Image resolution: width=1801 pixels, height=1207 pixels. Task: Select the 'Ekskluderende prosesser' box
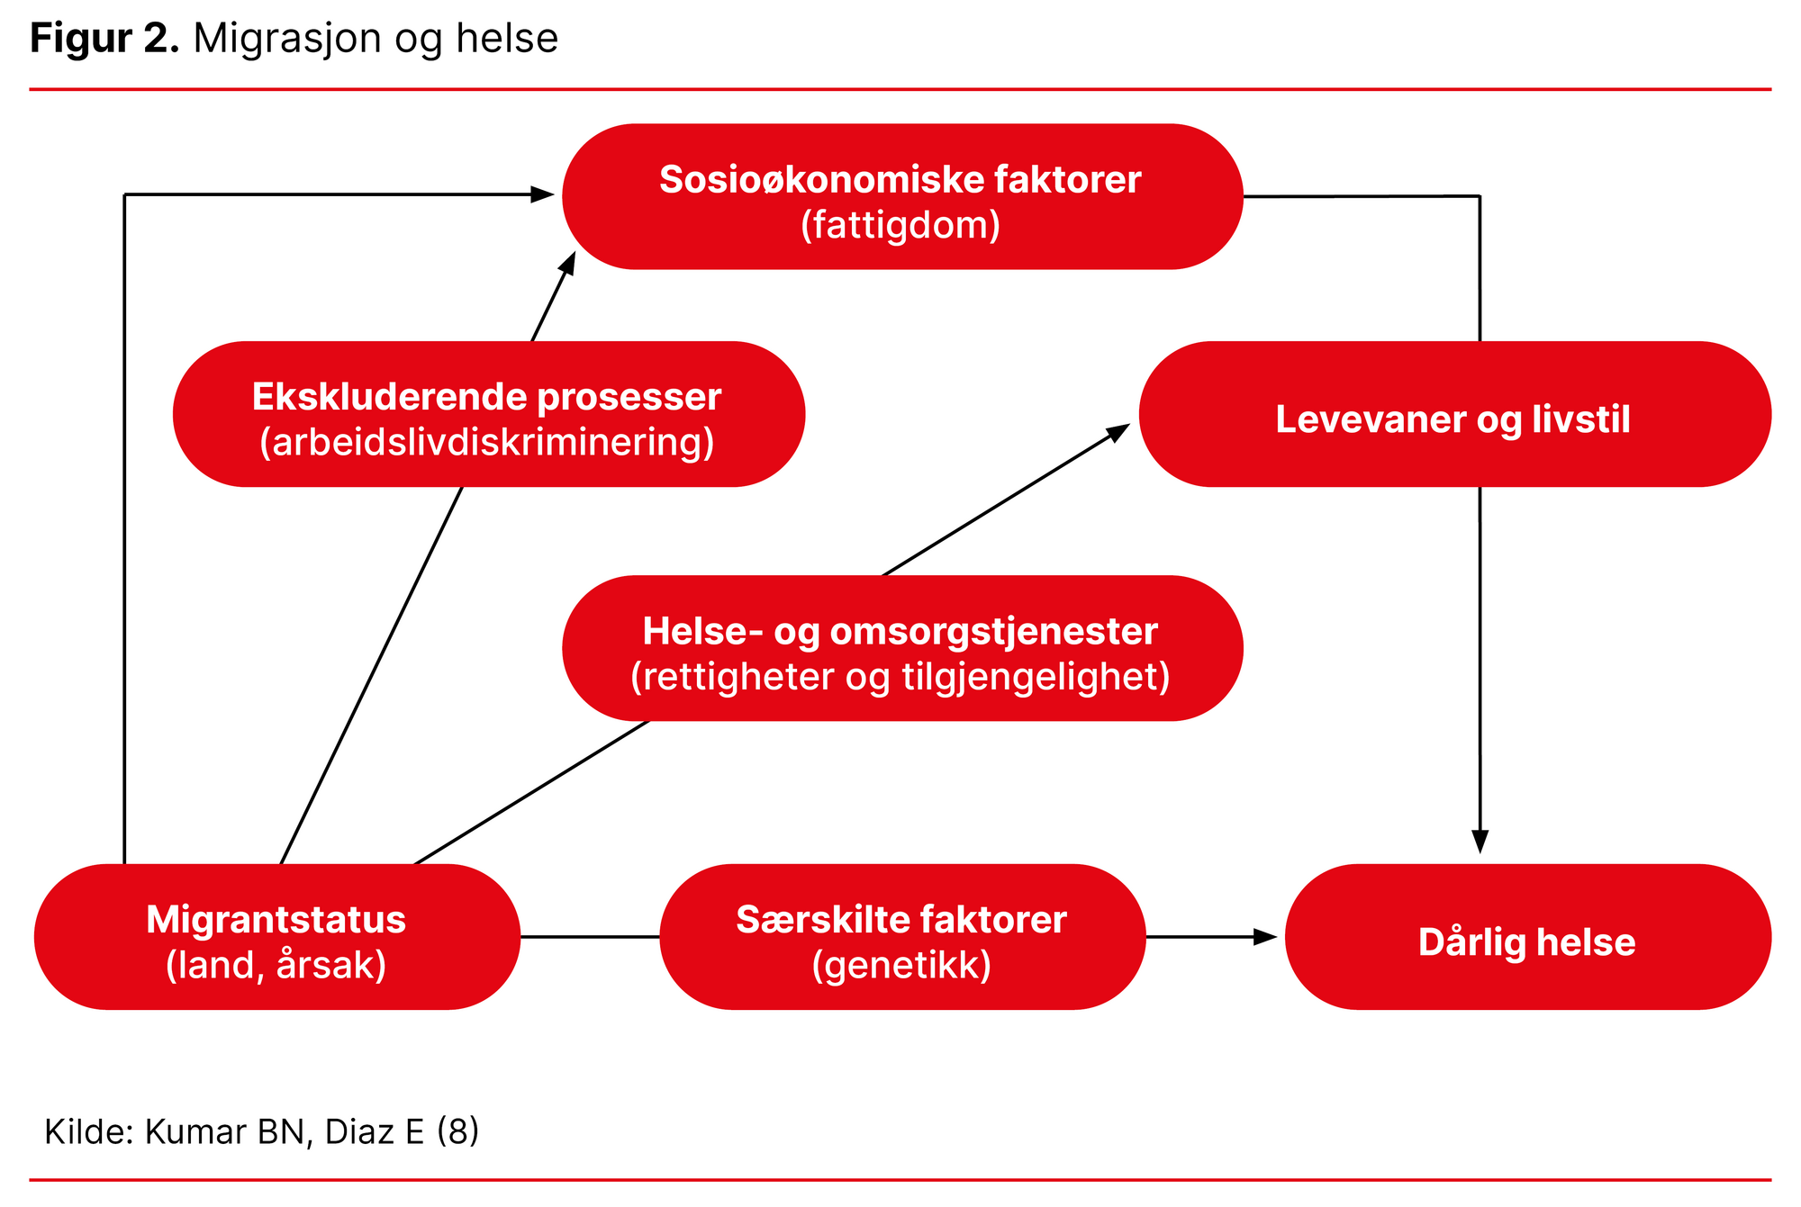click(488, 414)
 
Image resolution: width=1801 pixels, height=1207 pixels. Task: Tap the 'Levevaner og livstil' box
click(1453, 415)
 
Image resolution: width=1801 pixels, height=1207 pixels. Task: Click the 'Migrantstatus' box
click(276, 937)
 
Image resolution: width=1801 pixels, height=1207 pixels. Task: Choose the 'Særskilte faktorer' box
click(902, 937)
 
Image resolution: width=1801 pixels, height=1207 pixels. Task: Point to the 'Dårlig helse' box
click(1527, 937)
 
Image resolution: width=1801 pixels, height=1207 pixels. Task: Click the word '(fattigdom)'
click(900, 225)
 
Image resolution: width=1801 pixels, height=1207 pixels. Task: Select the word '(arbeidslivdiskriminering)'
click(487, 443)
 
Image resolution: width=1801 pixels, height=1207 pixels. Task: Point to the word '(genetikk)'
click(901, 966)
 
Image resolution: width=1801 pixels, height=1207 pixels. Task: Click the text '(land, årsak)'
click(276, 966)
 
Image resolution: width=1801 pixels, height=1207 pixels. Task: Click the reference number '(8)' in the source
click(457, 1131)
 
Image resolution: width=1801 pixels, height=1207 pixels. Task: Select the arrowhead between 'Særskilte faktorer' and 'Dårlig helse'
click(1266, 937)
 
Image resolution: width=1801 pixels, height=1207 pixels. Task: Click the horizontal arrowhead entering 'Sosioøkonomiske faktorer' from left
click(542, 194)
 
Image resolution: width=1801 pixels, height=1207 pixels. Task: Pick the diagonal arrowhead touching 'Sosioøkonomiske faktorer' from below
click(568, 264)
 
